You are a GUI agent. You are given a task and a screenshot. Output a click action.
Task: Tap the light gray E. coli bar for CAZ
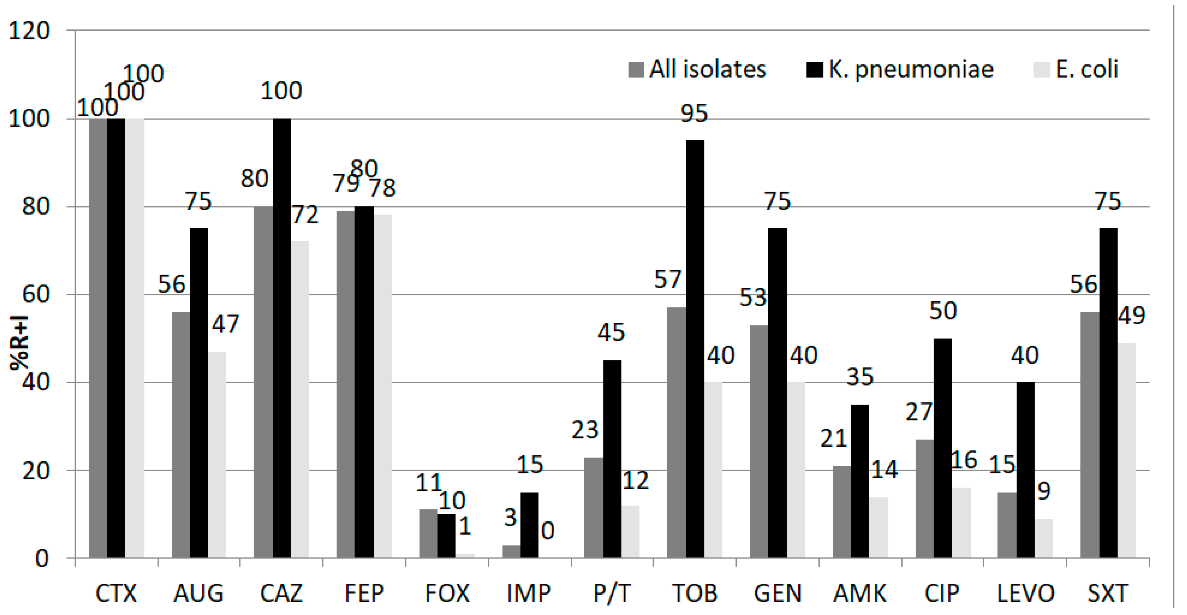300,399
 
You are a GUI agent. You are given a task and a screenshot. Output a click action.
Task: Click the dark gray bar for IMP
511,551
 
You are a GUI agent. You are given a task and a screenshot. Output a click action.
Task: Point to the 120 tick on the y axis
28,32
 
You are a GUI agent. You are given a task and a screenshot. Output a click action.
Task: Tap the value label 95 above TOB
694,113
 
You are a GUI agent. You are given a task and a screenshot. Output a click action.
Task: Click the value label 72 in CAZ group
305,215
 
